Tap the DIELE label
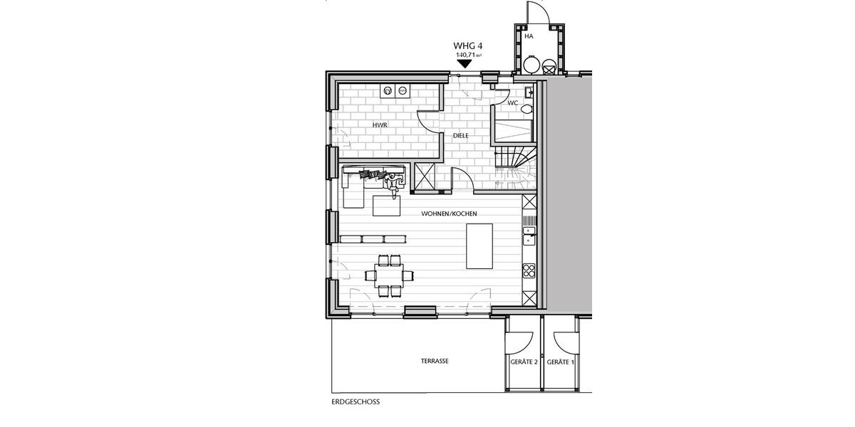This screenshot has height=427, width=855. (x=461, y=135)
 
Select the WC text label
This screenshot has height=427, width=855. (x=512, y=103)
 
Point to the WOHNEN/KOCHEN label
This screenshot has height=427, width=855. (x=449, y=213)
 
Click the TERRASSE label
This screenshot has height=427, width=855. (x=435, y=362)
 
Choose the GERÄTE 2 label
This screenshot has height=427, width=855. (x=524, y=362)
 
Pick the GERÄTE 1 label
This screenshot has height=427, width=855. (x=561, y=362)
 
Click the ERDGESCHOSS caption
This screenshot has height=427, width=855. (x=356, y=401)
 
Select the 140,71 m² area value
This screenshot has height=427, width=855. (x=469, y=55)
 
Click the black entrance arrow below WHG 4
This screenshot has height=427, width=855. (x=465, y=63)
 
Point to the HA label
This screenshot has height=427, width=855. (x=528, y=36)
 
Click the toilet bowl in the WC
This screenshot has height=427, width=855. (x=526, y=110)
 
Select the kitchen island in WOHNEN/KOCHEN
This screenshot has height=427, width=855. (x=480, y=246)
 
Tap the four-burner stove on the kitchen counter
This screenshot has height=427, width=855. (x=529, y=270)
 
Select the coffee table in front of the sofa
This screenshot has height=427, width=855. (x=387, y=205)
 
